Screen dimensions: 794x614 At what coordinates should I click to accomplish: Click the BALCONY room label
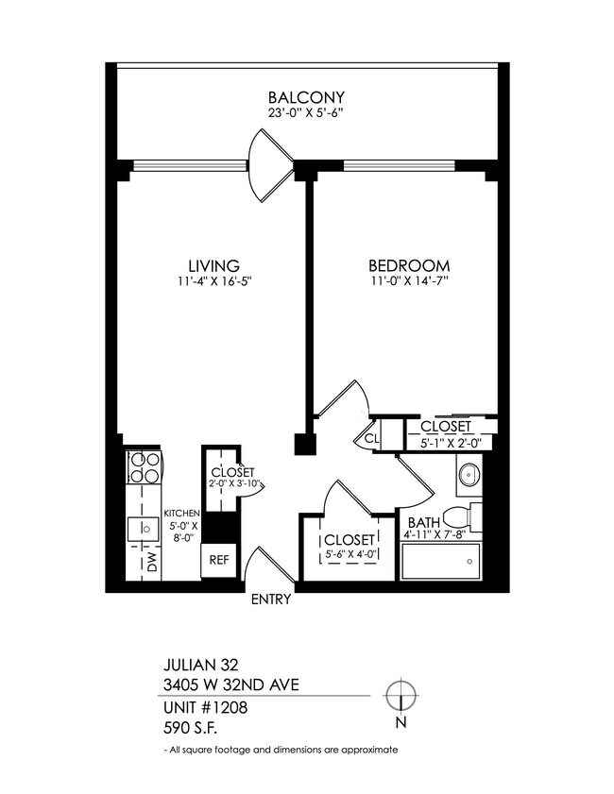point(305,98)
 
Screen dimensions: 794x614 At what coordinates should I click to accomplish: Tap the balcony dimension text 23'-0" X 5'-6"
point(305,115)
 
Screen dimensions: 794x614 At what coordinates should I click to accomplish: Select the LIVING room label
point(212,265)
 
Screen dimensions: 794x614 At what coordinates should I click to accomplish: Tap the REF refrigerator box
point(219,559)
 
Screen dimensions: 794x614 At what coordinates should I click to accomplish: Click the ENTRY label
point(271,599)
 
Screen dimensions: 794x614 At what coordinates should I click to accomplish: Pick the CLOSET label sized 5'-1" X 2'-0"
point(447,427)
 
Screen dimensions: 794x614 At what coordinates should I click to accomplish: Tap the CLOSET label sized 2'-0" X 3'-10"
point(230,472)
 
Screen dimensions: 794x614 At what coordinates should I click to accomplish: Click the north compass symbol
point(401,695)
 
